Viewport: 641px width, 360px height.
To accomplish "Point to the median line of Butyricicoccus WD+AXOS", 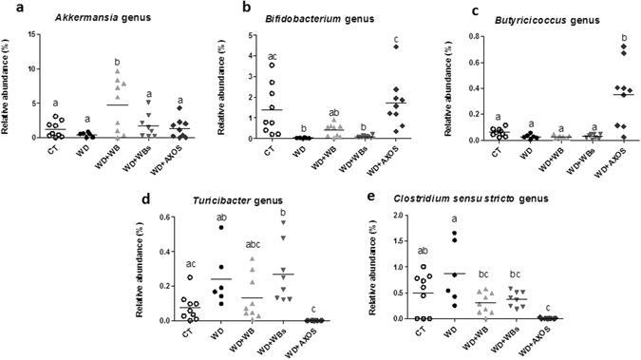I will [622, 95].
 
